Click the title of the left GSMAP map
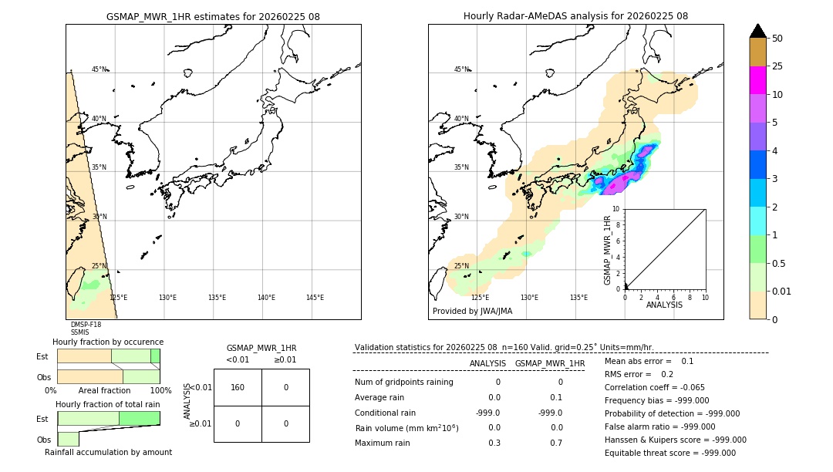point(213,16)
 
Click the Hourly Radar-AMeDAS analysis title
point(575,16)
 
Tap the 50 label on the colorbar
point(777,39)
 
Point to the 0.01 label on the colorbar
point(782,291)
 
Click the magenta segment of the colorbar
point(757,80)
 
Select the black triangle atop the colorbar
point(757,31)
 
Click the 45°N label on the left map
point(99,69)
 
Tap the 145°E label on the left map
point(315,298)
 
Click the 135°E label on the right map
point(578,298)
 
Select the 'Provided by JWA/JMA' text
point(472,312)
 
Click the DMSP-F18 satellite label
point(86,325)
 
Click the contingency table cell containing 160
point(238,387)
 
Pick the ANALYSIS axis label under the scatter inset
point(664,305)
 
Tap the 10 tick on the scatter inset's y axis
point(616,209)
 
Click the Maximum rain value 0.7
point(556,443)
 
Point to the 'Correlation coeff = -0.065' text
point(654,388)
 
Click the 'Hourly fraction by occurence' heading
point(108,342)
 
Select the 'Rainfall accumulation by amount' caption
point(108,452)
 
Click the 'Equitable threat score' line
point(669,453)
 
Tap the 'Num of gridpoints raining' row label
point(404,383)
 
